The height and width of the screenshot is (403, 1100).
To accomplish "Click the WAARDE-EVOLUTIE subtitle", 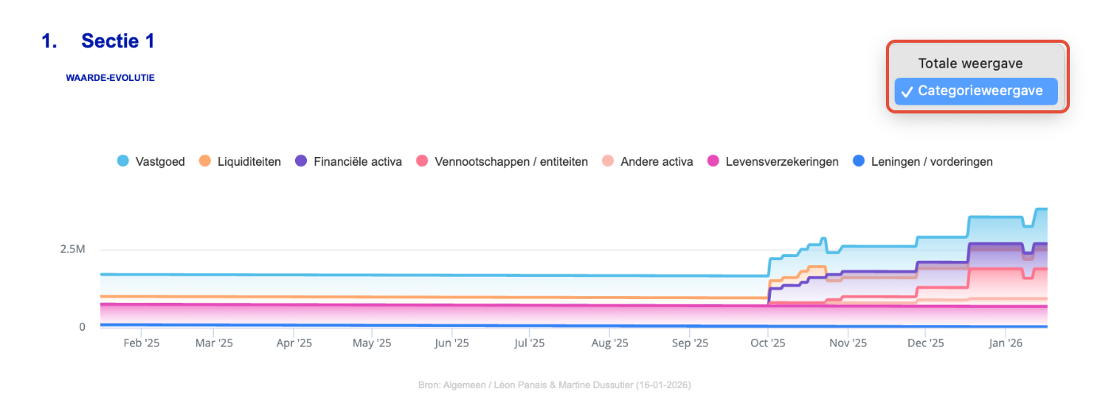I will pos(110,78).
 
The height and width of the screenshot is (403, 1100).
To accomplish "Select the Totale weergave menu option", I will pos(970,63).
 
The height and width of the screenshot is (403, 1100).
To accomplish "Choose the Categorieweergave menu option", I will pos(979,91).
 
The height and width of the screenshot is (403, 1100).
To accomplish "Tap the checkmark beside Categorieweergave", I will pos(906,92).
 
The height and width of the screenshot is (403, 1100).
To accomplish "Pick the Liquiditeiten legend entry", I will pos(240,162).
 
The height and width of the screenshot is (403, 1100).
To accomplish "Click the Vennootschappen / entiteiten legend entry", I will pos(502,162).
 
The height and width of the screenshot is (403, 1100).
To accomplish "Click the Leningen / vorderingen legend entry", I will pos(922,162).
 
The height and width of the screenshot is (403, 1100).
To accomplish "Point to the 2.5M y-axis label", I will pos(72,249).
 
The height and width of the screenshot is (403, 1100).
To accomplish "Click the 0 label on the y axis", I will pos(82,326).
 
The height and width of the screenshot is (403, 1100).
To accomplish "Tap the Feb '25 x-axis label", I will pos(142,344).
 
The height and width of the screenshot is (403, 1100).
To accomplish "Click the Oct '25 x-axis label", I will pos(768,344).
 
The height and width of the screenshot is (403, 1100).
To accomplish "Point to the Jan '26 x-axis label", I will pos(1005,344).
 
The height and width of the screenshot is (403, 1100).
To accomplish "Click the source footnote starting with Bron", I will pos(554,385).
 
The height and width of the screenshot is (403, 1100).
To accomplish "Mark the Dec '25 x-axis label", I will pos(926,344).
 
